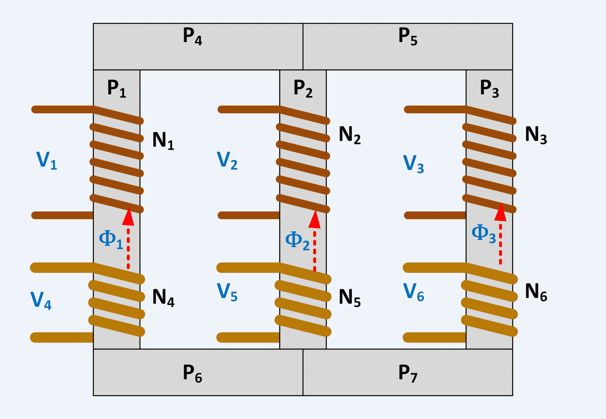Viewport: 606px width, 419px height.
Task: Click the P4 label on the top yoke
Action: (x=192, y=37)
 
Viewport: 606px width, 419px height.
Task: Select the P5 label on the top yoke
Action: (x=408, y=37)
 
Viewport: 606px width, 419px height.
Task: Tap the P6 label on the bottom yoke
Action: (x=192, y=373)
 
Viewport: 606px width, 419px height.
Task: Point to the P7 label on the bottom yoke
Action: (x=408, y=373)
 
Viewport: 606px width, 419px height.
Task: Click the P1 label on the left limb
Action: (x=117, y=89)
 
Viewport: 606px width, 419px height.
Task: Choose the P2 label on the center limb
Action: (x=303, y=89)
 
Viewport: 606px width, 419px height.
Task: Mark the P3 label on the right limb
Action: (x=489, y=89)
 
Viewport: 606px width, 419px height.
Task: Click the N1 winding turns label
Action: (x=163, y=141)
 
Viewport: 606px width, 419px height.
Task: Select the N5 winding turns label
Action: (x=349, y=298)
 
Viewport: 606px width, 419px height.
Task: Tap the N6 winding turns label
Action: (x=536, y=292)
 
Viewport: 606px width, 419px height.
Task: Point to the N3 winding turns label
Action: (x=536, y=135)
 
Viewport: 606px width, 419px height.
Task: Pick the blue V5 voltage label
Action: (x=227, y=293)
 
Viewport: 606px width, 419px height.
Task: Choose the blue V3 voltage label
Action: (x=413, y=164)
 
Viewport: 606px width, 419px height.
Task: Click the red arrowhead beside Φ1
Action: (x=128, y=217)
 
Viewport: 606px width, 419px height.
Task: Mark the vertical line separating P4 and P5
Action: (x=303, y=47)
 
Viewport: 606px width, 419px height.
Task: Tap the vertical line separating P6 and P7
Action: (x=303, y=372)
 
